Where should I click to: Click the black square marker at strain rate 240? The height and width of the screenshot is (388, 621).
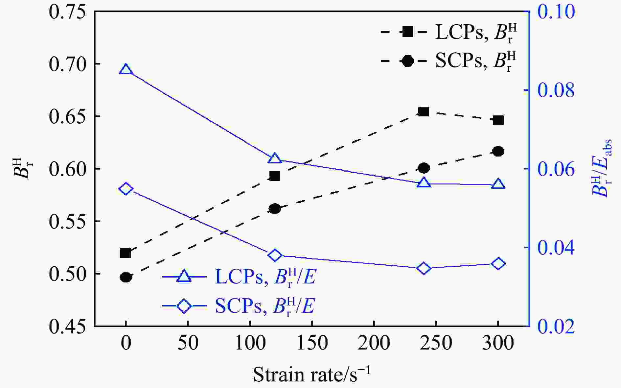(424, 112)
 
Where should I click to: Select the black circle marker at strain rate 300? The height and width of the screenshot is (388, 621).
(498, 152)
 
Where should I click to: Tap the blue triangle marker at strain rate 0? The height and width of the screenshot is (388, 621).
(126, 70)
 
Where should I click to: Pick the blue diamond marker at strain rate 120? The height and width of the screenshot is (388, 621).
(275, 255)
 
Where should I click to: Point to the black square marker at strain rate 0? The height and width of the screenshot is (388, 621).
(126, 253)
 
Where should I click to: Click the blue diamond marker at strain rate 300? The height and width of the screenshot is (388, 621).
(498, 264)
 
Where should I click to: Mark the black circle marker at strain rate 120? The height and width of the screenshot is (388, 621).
(275, 209)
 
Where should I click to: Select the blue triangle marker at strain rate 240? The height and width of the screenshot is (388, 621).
(424, 183)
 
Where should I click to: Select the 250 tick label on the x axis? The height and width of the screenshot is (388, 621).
(436, 343)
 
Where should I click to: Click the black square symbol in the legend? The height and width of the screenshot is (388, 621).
(407, 32)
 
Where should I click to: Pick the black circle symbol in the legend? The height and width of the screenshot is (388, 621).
(407, 61)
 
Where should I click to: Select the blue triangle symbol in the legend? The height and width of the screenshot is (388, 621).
(184, 277)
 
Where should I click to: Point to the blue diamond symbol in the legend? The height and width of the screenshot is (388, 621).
(184, 306)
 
